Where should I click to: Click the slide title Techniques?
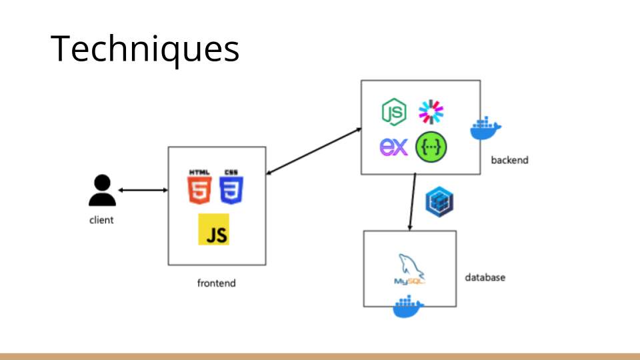click(x=145, y=49)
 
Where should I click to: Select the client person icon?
click(x=102, y=191)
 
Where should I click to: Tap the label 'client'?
click(x=101, y=220)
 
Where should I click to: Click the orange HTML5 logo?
click(x=199, y=187)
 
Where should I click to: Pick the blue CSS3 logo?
click(x=231, y=187)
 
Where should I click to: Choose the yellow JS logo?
click(x=213, y=229)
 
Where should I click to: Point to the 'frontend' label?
click(x=216, y=283)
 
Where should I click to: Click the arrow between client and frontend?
click(x=143, y=191)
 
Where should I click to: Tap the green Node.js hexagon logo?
click(x=394, y=112)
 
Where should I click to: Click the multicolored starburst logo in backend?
click(x=431, y=111)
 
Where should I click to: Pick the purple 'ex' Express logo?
click(x=393, y=147)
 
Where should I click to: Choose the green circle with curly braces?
click(x=431, y=147)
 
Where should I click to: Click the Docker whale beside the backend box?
click(x=485, y=129)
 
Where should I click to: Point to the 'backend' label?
click(x=509, y=160)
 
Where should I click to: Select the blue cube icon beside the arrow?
click(x=439, y=201)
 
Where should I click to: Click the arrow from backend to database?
click(x=413, y=202)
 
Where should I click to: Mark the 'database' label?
click(x=485, y=277)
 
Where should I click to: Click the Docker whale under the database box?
click(x=409, y=308)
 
